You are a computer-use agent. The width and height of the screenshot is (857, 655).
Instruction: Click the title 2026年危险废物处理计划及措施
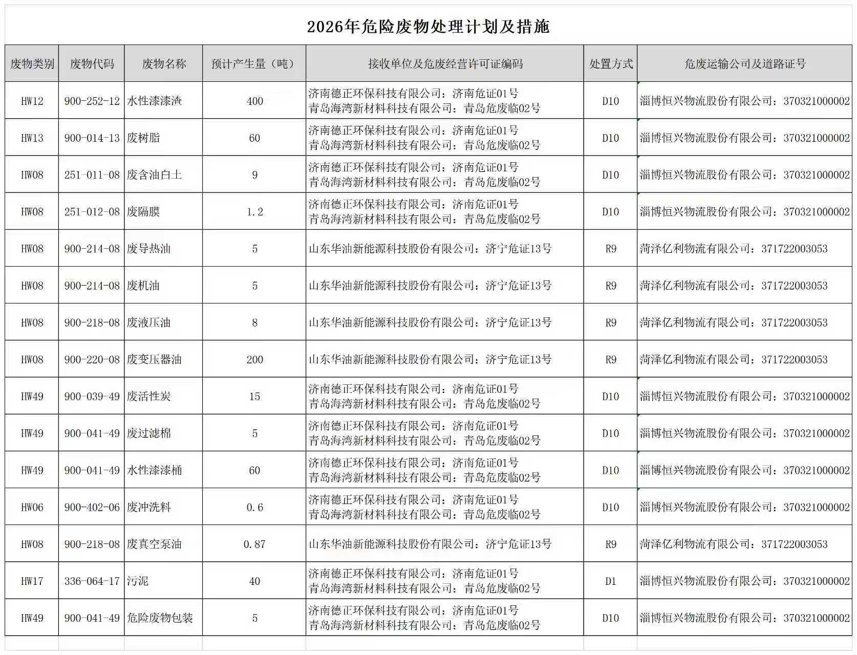(428, 27)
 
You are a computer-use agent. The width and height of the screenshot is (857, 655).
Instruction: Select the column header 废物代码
(92, 64)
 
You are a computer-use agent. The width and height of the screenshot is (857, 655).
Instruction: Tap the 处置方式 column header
(611, 64)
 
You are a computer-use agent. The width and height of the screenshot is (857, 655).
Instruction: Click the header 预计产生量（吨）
(254, 64)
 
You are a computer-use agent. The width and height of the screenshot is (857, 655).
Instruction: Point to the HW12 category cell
(32, 101)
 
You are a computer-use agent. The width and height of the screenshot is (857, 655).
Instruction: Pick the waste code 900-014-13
(92, 138)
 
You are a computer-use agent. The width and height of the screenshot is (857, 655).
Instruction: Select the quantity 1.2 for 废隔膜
(254, 212)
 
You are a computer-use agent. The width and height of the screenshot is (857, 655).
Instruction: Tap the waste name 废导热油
(149, 249)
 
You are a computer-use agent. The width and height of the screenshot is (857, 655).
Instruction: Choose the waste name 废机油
(143, 286)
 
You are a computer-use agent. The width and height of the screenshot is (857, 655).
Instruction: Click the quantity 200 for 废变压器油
(254, 360)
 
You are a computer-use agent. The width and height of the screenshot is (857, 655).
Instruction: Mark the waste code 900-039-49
(92, 397)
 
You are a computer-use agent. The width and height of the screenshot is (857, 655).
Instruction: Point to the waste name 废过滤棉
(149, 433)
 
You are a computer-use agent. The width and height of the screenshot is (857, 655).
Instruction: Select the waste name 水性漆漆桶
(155, 470)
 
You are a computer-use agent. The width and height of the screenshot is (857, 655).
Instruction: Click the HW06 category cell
(32, 508)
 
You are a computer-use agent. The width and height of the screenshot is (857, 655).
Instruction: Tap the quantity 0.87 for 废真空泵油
(254, 544)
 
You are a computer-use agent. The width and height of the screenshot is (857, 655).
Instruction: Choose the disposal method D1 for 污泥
(611, 581)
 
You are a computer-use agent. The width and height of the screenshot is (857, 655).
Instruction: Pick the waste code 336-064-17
(92, 581)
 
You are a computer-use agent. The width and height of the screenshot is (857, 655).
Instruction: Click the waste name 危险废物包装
(160, 618)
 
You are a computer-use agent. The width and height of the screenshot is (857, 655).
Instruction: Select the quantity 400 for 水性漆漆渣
(254, 101)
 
